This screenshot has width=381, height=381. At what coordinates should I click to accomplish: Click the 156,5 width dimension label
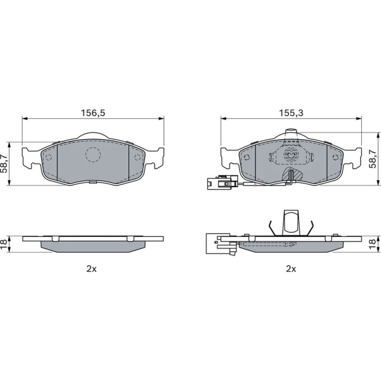point(93,113)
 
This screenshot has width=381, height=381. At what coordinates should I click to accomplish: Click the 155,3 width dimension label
point(291,113)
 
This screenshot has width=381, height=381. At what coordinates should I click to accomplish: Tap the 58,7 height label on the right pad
point(373,159)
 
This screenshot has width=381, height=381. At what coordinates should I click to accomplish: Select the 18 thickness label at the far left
point(4,244)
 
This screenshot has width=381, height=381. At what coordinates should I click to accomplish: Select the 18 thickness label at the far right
point(373,244)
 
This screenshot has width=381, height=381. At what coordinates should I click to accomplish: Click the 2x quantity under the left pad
point(91,269)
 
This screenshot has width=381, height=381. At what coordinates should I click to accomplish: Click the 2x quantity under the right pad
point(291,269)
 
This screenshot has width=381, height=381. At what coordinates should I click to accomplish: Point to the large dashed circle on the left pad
point(93,155)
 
